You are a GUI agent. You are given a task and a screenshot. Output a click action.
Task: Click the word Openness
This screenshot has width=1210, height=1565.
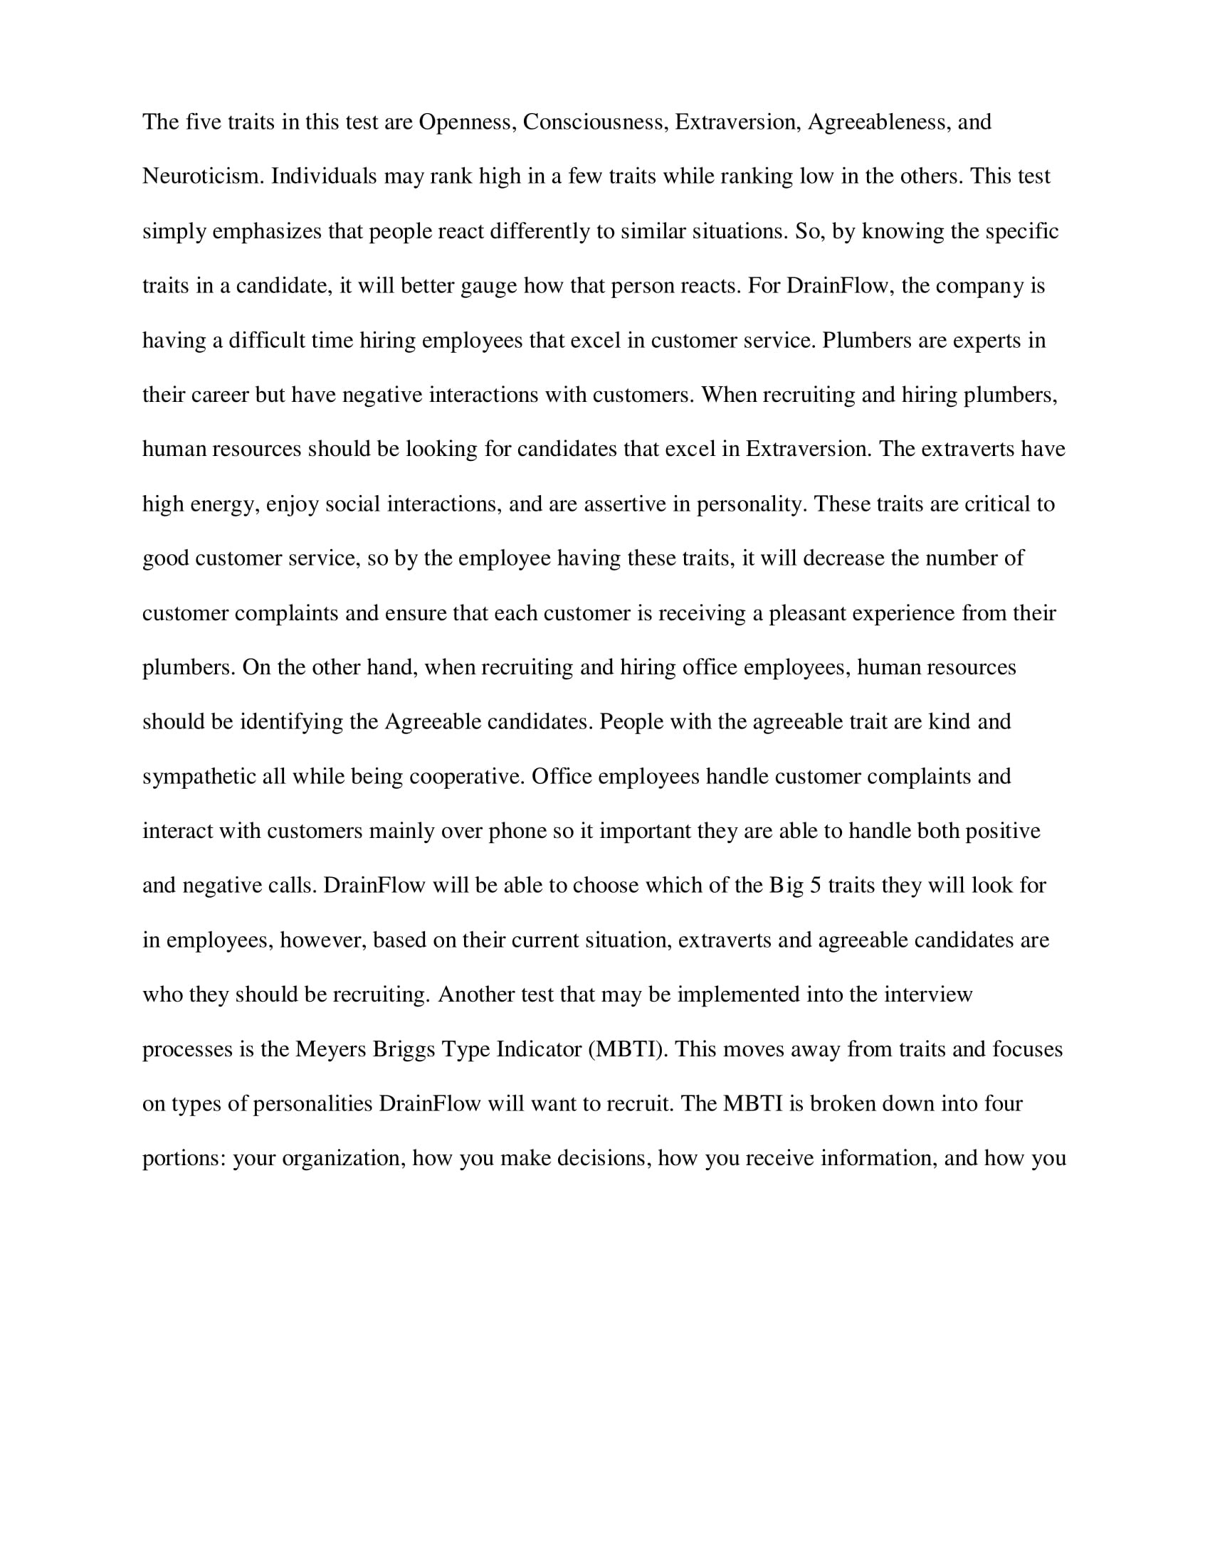tap(468, 122)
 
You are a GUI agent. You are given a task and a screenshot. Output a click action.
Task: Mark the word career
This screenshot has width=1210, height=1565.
tap(219, 395)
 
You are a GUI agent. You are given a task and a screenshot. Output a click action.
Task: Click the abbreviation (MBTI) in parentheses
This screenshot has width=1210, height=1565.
tap(628, 1050)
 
